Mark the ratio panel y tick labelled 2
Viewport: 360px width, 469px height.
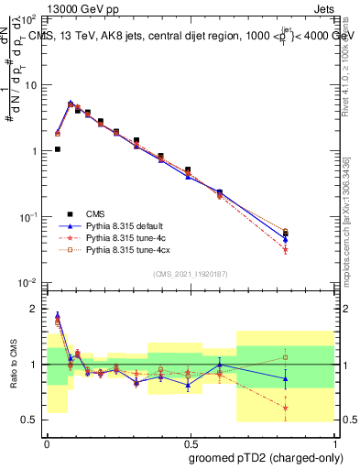coord(36,309)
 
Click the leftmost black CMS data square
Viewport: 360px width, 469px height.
coord(58,149)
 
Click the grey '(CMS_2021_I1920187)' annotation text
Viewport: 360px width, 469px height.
coord(191,274)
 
